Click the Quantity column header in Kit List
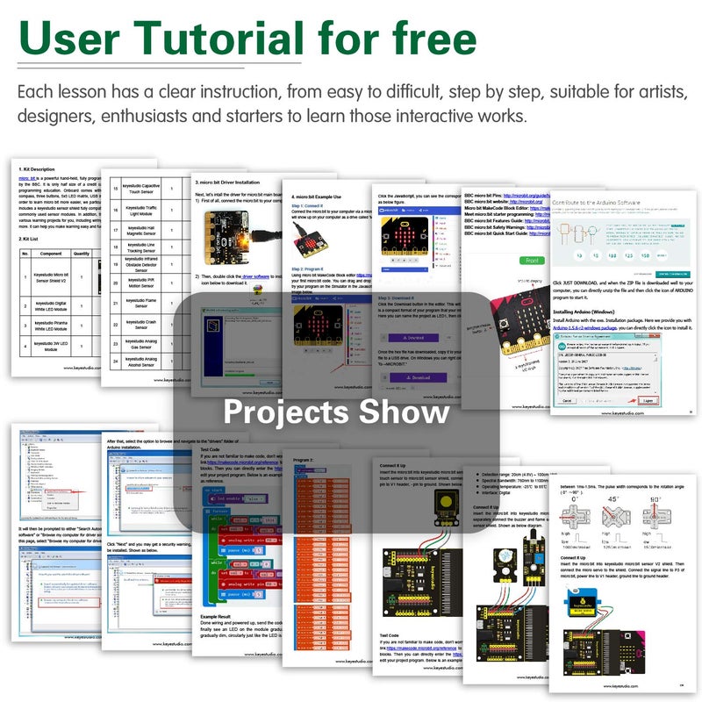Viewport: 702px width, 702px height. point(82,254)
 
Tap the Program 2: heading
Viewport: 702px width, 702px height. point(304,460)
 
